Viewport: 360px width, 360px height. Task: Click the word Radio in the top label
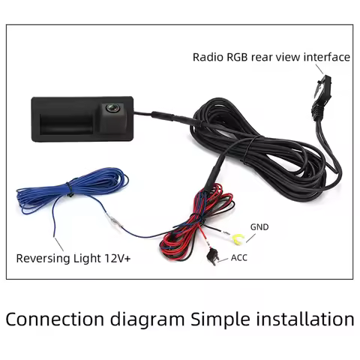pyautogui.click(x=208, y=56)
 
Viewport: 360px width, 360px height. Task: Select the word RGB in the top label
pyautogui.click(x=239, y=56)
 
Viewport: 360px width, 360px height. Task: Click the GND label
pyautogui.click(x=259, y=226)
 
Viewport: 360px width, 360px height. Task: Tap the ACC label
pyautogui.click(x=239, y=257)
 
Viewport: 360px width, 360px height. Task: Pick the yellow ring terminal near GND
pyautogui.click(x=236, y=239)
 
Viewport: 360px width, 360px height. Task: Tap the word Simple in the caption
pyautogui.click(x=218, y=319)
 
